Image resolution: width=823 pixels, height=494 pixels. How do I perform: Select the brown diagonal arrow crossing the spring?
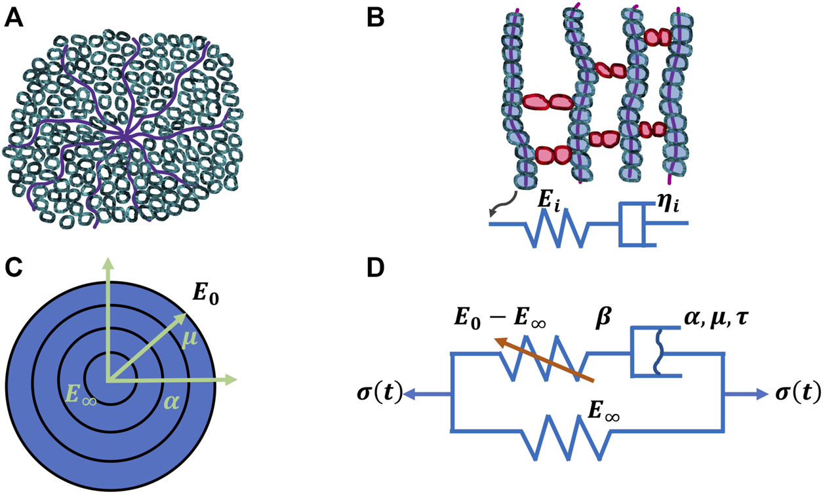click(544, 359)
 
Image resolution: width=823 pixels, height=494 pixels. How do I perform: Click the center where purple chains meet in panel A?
click(124, 135)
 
